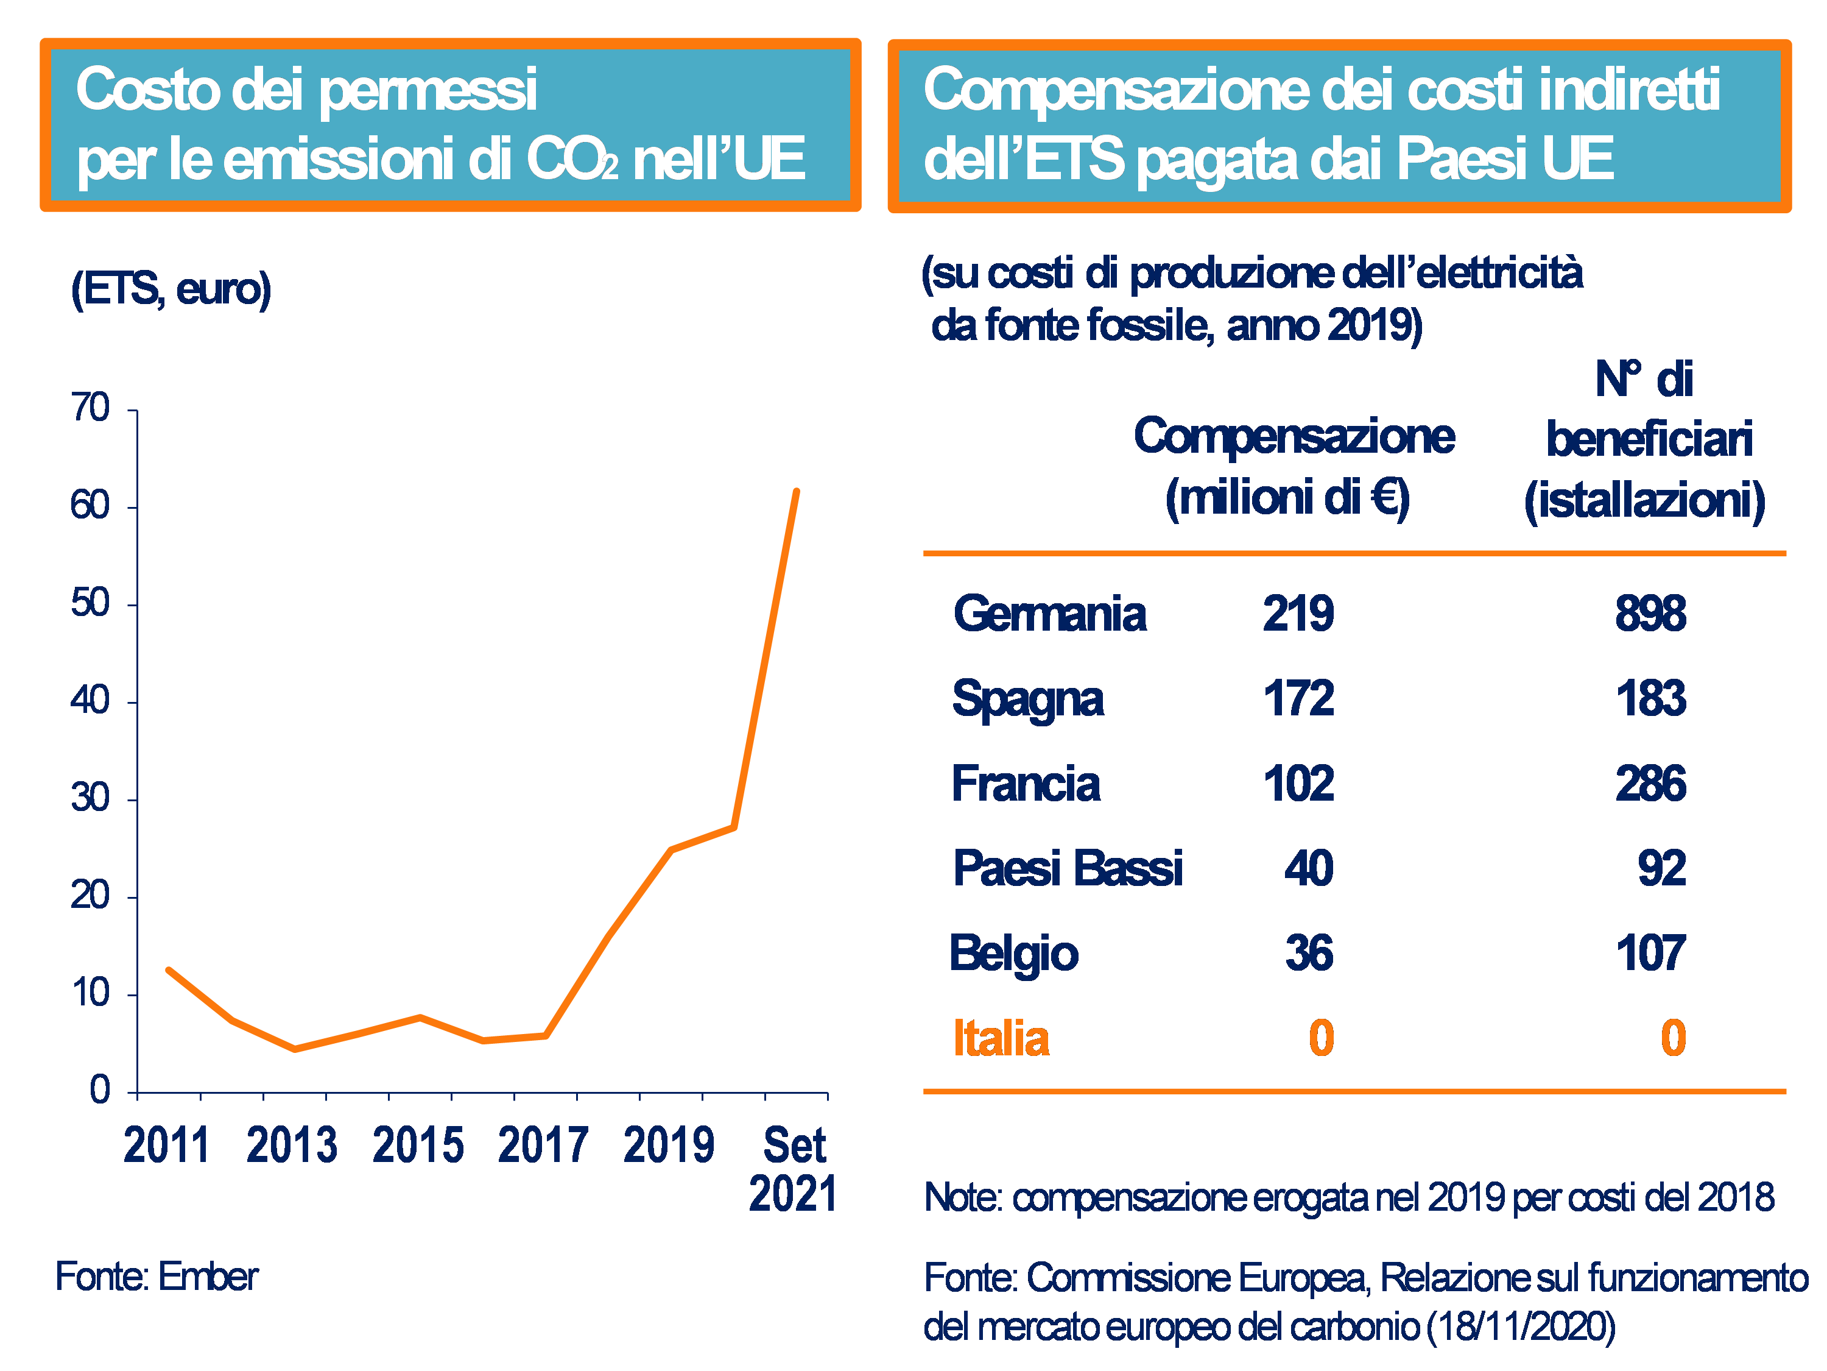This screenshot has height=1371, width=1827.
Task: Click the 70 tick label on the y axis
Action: pyautogui.click(x=90, y=408)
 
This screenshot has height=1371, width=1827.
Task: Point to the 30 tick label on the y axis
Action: pyautogui.click(x=90, y=798)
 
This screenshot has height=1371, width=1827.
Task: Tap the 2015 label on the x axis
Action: pyautogui.click(x=418, y=1146)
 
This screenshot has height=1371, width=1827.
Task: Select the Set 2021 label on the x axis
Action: pyautogui.click(x=793, y=1169)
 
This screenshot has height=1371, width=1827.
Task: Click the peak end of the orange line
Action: pyautogui.click(x=796, y=492)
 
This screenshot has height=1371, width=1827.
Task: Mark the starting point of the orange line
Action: pyautogui.click(x=169, y=970)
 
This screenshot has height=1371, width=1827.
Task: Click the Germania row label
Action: pyautogui.click(x=1049, y=614)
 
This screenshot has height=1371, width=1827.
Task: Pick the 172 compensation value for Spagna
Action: pyautogui.click(x=1298, y=699)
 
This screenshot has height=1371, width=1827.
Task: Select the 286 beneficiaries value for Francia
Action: pyautogui.click(x=1650, y=784)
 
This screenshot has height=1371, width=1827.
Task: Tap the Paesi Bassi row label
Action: pyautogui.click(x=1067, y=868)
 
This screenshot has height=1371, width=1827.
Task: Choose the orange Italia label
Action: pyautogui.click(x=1000, y=1039)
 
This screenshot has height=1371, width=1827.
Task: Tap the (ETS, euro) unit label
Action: pyautogui.click(x=171, y=289)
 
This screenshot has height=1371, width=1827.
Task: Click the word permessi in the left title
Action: pyautogui.click(x=428, y=91)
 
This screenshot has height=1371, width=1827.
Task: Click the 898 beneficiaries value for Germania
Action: pyautogui.click(x=1650, y=614)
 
